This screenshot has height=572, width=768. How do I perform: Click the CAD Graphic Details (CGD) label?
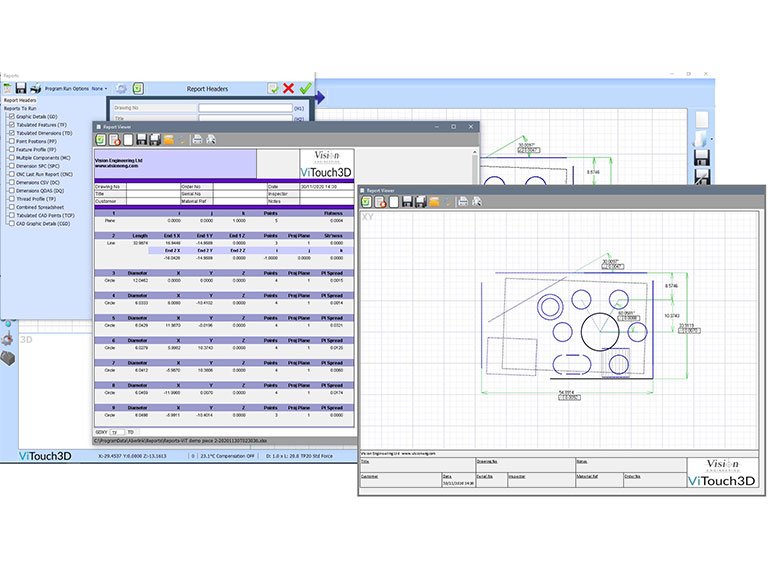pyautogui.click(x=45, y=223)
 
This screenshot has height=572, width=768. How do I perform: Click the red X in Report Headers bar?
pyautogui.click(x=288, y=89)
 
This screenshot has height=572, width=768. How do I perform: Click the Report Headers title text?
pyautogui.click(x=207, y=89)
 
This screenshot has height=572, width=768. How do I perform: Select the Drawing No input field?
pyautogui.click(x=246, y=107)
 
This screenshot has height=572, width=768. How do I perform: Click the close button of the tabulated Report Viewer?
pyautogui.click(x=471, y=127)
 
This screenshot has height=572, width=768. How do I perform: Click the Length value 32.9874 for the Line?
pyautogui.click(x=139, y=242)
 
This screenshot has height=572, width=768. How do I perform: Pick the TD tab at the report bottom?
pyautogui.click(x=129, y=431)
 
